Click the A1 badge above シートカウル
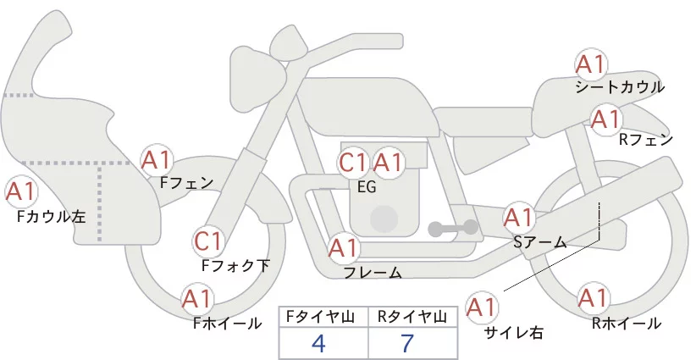coord(591,64)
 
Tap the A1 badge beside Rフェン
coord(606,119)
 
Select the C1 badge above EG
coord(353,162)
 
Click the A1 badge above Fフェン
coord(157,159)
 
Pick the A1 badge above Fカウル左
coord(21,192)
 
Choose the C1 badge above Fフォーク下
coord(207,242)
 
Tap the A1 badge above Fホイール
coord(197,299)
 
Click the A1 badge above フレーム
coord(343,249)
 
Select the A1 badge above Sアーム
coord(519,218)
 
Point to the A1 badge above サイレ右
coord(483,307)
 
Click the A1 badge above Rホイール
coord(592,299)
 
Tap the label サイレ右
coord(513,333)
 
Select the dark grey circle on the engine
coord(384,218)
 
